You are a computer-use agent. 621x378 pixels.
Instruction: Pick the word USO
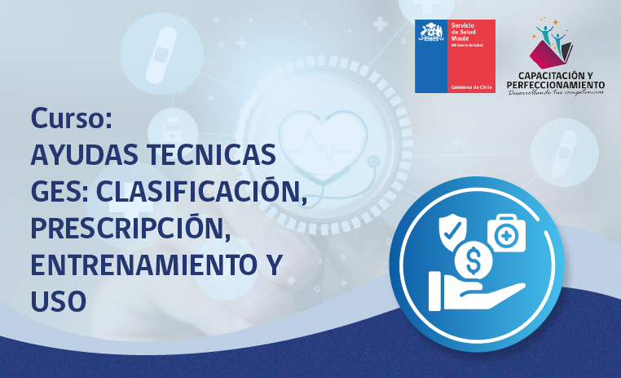click(58, 301)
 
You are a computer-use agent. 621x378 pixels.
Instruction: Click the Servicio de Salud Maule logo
click(455, 56)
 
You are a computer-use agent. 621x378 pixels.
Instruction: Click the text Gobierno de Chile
click(470, 87)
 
